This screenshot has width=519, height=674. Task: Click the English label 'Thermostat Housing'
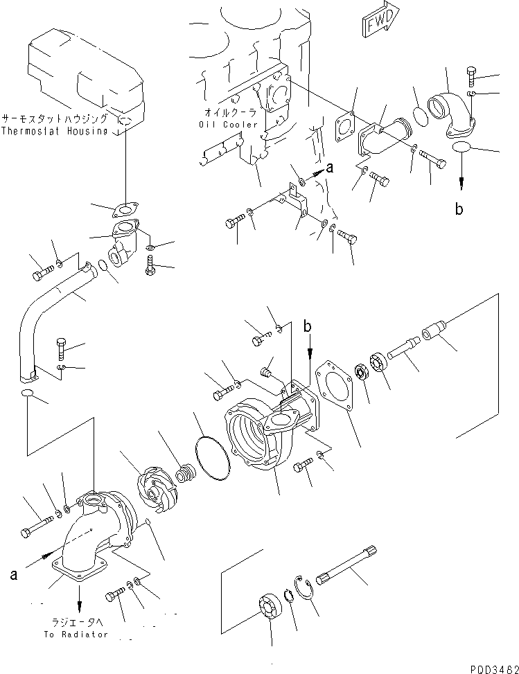coord(55,130)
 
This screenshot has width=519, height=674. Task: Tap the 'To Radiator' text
coord(76,634)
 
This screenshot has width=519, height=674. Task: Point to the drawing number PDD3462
coord(490,666)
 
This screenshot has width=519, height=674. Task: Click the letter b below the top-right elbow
coord(458,209)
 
